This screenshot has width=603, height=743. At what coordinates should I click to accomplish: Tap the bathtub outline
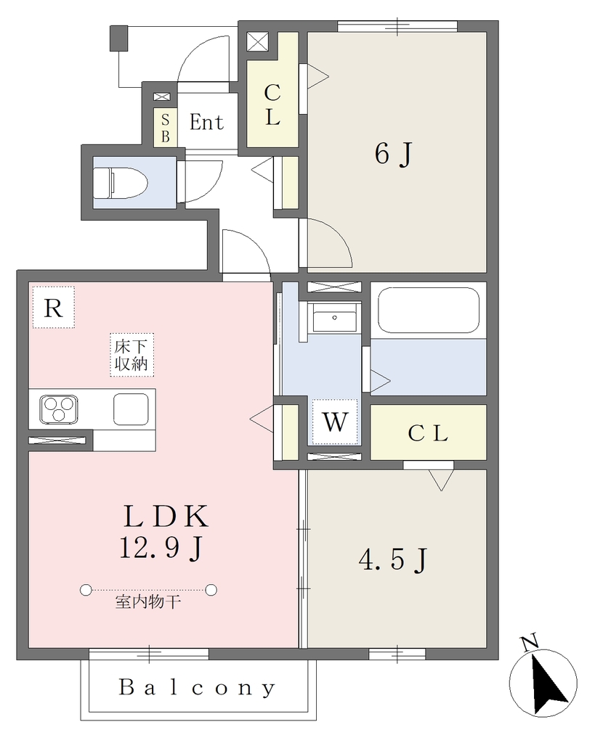(428, 310)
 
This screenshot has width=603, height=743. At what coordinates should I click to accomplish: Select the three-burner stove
(59, 409)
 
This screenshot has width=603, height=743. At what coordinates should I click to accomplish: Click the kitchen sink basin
(131, 409)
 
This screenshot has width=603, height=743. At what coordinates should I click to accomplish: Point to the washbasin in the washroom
(334, 318)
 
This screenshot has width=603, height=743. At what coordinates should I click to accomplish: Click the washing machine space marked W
(335, 422)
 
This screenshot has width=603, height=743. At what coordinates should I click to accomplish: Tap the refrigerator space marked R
(54, 308)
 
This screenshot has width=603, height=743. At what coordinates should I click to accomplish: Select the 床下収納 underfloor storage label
(131, 355)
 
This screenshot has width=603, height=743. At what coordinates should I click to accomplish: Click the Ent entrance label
(206, 122)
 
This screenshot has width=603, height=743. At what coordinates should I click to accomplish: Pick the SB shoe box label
(165, 128)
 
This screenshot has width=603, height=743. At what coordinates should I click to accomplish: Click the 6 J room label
(393, 154)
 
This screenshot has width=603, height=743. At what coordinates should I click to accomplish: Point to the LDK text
(166, 517)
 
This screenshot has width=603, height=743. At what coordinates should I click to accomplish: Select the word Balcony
(197, 687)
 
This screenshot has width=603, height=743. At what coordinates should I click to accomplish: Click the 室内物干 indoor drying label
(148, 602)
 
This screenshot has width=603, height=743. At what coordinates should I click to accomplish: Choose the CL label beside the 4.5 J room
(428, 434)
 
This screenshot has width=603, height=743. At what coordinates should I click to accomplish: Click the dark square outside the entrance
(119, 38)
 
